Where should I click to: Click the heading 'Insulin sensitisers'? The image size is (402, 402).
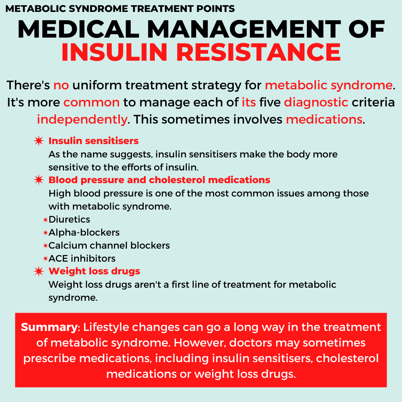tap(93, 141)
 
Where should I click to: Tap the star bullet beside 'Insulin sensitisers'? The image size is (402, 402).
tap(39, 141)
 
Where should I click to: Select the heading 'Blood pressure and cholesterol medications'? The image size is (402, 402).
tap(159, 180)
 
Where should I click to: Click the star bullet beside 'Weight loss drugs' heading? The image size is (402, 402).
tap(39, 271)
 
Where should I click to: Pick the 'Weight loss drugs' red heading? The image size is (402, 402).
tap(94, 271)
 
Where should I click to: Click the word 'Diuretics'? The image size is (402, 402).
tap(69, 220)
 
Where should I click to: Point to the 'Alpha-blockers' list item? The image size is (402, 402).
tap(84, 233)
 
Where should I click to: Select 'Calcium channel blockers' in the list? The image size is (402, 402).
tap(109, 246)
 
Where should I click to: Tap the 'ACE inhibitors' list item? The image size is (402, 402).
tap(82, 258)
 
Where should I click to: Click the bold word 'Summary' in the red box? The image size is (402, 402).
tap(49, 328)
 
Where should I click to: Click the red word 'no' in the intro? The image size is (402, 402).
tap(61, 85)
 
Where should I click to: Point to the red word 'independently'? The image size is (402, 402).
tap(82, 120)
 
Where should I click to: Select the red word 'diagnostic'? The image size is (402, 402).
tap(316, 103)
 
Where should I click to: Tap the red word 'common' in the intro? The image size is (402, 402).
tap(92, 103)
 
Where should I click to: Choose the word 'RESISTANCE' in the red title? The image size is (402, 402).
tap(259, 52)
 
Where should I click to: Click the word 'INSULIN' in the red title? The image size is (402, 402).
tap(115, 52)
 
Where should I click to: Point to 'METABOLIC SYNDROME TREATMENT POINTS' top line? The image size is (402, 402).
tap(120, 9)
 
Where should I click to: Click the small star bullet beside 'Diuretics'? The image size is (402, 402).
tap(45, 220)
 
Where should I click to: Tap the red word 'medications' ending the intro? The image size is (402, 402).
tap(324, 120)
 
